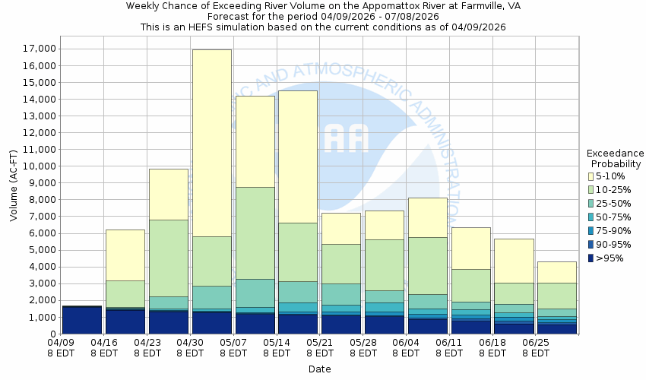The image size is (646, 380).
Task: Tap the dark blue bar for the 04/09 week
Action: point(82,320)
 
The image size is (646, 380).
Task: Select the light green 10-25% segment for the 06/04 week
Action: point(427,265)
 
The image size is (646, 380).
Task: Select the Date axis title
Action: point(319,369)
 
